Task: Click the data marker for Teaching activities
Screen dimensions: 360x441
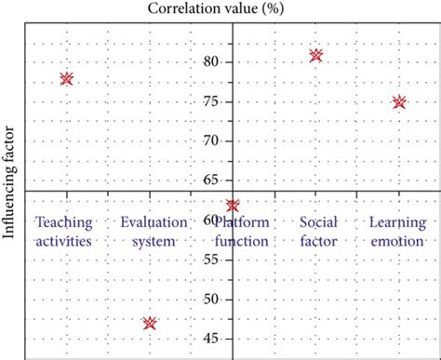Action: (66, 79)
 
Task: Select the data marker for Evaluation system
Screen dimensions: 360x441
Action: (150, 324)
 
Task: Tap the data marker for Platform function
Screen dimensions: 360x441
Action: (233, 206)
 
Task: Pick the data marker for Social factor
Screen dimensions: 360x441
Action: (316, 56)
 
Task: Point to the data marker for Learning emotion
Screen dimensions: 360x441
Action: (399, 102)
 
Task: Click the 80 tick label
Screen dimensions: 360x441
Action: (213, 62)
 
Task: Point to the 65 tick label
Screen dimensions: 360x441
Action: (213, 180)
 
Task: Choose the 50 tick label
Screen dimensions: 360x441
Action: (213, 300)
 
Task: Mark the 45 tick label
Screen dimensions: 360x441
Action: (213, 339)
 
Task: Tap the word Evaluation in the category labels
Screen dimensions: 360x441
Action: (150, 222)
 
